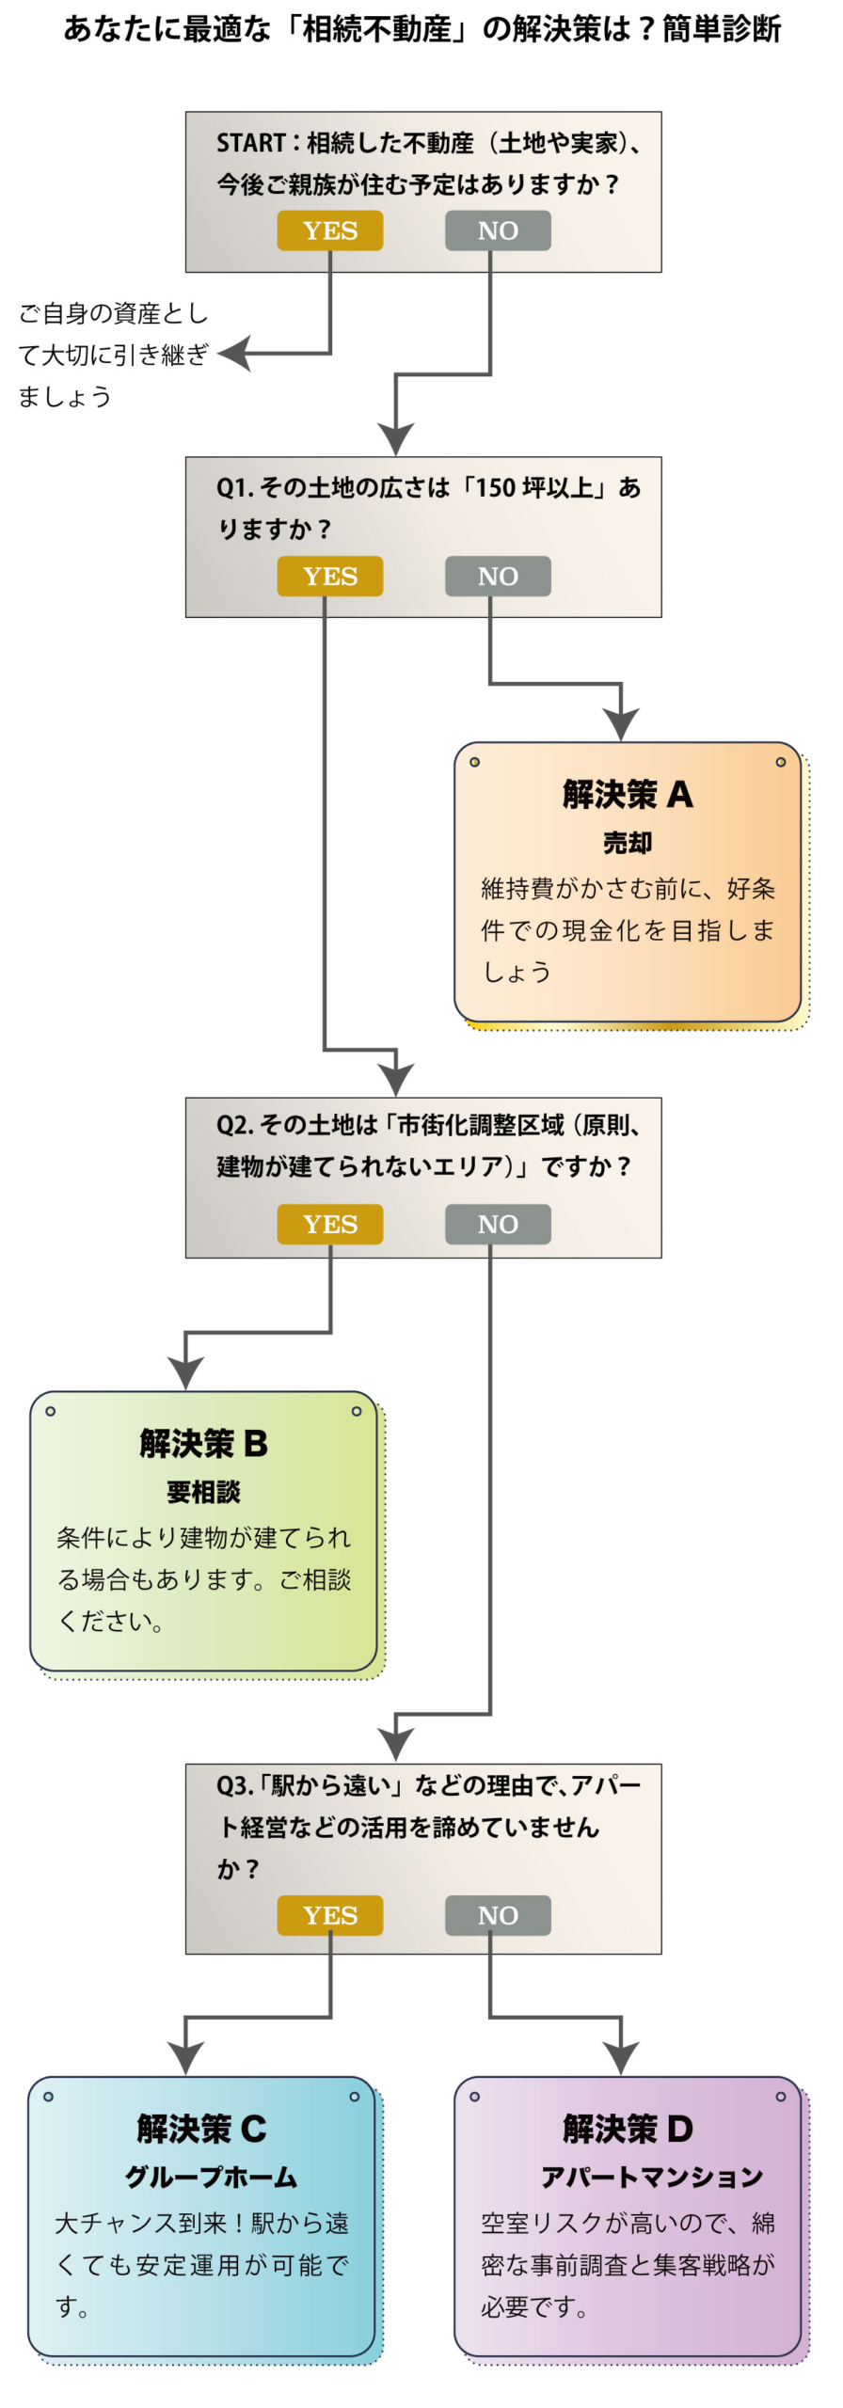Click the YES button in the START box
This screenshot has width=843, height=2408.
[x=329, y=230]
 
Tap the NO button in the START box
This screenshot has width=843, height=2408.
[x=498, y=230]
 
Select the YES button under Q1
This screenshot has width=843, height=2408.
[x=329, y=576]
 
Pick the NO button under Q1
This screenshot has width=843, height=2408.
[x=498, y=576]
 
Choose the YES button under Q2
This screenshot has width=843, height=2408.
[x=329, y=1224]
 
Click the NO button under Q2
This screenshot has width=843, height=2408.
[x=498, y=1224]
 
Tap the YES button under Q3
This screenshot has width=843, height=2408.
[x=329, y=1915]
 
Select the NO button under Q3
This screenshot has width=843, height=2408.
[x=498, y=1915]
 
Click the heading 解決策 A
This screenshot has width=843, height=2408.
[x=628, y=795]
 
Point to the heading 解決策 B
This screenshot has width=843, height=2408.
[x=203, y=1443]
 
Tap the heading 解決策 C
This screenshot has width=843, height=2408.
[x=201, y=2129]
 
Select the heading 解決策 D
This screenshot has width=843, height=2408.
[x=628, y=2129]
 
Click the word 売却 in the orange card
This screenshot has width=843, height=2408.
[x=628, y=843]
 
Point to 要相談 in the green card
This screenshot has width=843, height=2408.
[x=203, y=1492]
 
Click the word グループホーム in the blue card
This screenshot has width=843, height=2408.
[x=211, y=2177]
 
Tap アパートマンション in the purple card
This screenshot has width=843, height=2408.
[x=651, y=2177]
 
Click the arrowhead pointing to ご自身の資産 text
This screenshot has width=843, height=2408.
[x=235, y=354]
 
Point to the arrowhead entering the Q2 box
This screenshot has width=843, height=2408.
[x=396, y=1080]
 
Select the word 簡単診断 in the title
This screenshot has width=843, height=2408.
[x=722, y=29]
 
